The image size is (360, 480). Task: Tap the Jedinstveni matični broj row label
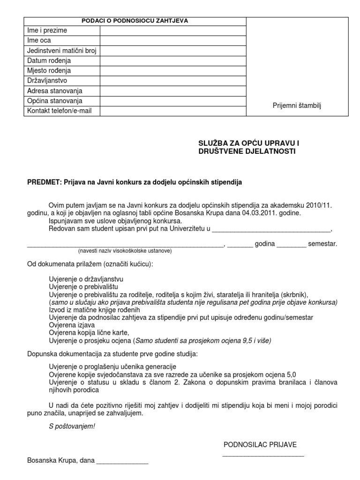[62, 51]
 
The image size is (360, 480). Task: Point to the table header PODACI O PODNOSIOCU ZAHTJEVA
[135, 21]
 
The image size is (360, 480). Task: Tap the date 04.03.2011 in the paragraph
[259, 213]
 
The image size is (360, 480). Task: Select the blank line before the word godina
[240, 244]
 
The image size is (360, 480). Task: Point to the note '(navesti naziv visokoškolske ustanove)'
[125, 251]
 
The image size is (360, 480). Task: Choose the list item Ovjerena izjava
[72, 325]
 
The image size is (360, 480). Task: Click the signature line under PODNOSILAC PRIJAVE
[263, 455]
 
